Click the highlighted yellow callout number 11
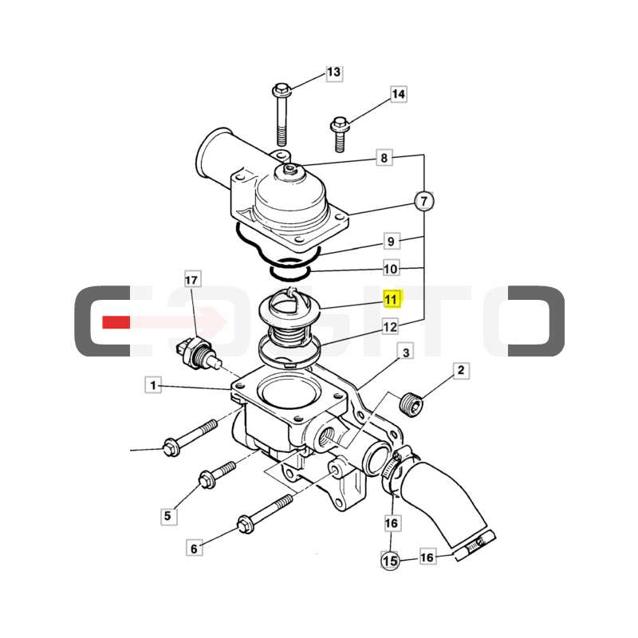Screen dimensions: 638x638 coord(392,300)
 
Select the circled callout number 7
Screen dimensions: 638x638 coord(424,201)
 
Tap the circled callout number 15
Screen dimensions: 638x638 coord(390,561)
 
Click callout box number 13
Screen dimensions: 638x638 coord(334,73)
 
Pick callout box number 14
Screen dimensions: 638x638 coord(399,94)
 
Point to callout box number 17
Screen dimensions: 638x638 coord(191,280)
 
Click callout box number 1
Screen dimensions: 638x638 coord(153,385)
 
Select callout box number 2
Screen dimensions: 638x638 coord(461,370)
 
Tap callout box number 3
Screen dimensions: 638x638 coord(406,352)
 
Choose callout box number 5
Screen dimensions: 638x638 coord(168,516)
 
